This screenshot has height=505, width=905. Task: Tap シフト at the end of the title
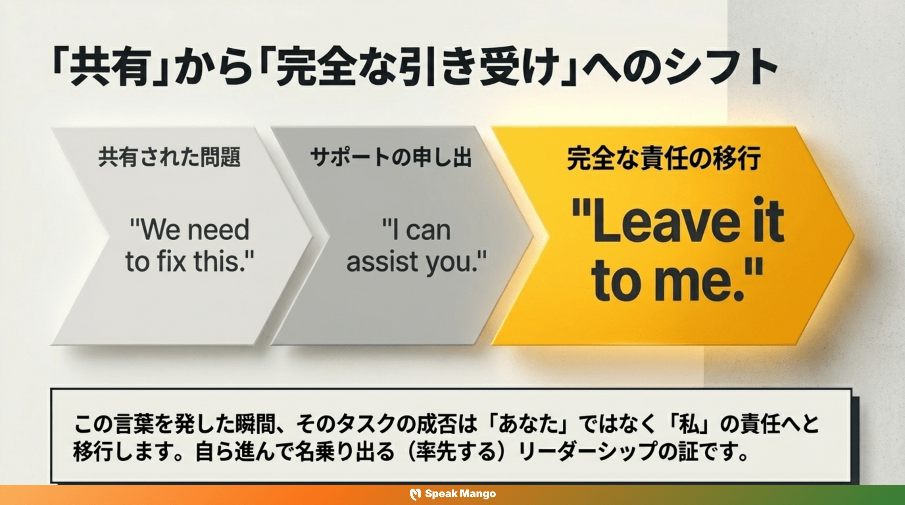click(720, 67)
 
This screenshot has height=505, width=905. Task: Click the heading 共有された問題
click(169, 157)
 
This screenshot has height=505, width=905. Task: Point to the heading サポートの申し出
click(391, 157)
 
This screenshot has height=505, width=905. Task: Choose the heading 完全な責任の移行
click(664, 158)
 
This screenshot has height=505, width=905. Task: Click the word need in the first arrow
click(218, 230)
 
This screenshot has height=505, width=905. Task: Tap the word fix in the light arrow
click(171, 261)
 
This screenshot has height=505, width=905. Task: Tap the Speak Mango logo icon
click(415, 494)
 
